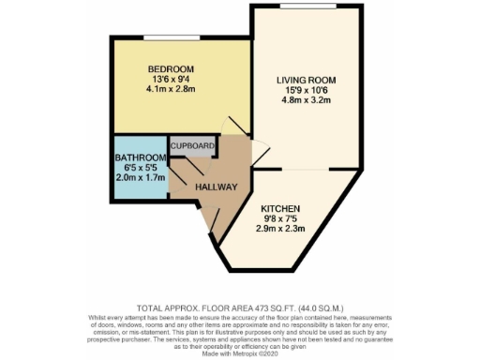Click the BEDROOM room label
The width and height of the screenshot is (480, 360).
tap(172, 69)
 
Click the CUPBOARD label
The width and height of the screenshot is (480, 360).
tap(194, 146)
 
